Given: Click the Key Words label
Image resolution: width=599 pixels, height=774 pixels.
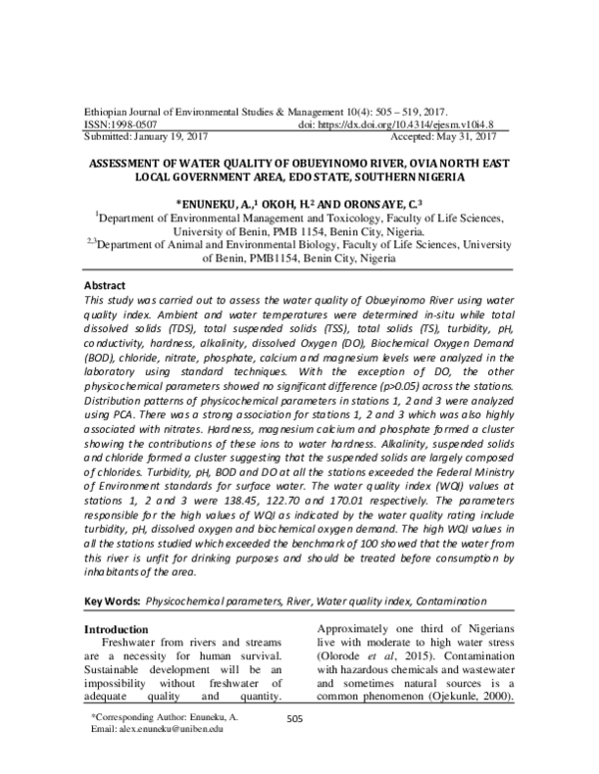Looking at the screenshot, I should tap(111, 602).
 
